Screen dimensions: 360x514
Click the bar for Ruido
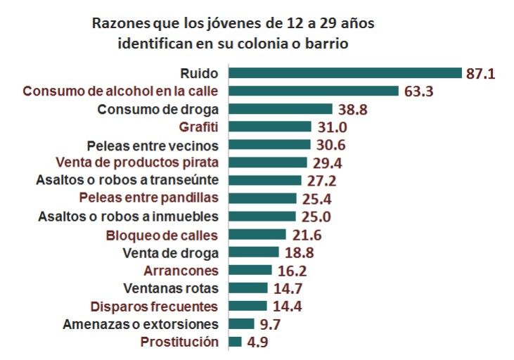pyautogui.click(x=345, y=73)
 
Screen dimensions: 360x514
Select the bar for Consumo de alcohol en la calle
pyautogui.click(x=314, y=91)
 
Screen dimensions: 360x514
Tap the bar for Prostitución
pyautogui.click(x=235, y=342)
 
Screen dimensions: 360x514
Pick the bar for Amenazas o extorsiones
pyautogui.click(x=241, y=324)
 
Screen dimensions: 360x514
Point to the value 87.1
pyautogui.click(x=480, y=73)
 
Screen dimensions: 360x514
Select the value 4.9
pyautogui.click(x=257, y=342)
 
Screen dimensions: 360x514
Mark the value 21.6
pyautogui.click(x=306, y=235)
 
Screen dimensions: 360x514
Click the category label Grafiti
pyautogui.click(x=199, y=127)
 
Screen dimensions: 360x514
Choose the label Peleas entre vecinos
pyautogui.click(x=153, y=146)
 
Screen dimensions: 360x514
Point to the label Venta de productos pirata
pyautogui.click(x=136, y=163)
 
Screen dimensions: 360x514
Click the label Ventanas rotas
pyautogui.click(x=170, y=288)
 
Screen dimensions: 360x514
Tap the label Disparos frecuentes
pyautogui.click(x=154, y=307)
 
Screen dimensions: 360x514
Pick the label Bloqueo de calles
pyautogui.click(x=161, y=235)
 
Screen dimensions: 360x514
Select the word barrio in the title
pyautogui.click(x=325, y=42)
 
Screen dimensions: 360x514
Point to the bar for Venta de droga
pyautogui.click(x=254, y=252)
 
